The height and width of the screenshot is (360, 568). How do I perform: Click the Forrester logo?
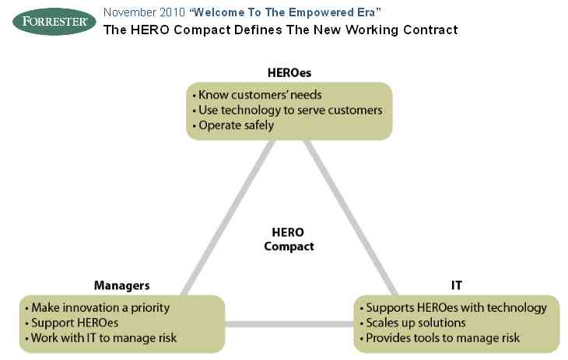click(x=54, y=21)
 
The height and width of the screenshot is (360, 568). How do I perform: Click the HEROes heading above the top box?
click(x=289, y=73)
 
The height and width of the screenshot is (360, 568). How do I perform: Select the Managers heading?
click(x=121, y=285)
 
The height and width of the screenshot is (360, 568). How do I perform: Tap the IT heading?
click(x=457, y=285)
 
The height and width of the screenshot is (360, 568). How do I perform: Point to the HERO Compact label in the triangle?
click(x=289, y=239)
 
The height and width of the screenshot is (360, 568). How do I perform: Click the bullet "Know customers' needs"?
click(x=258, y=95)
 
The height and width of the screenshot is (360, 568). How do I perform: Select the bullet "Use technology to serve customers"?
click(x=288, y=110)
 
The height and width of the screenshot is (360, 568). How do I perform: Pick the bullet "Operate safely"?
click(x=233, y=125)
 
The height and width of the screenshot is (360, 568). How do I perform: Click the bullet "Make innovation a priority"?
click(x=97, y=308)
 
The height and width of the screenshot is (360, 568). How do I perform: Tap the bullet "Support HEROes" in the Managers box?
click(x=72, y=323)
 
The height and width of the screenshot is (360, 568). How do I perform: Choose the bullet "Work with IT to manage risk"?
click(x=101, y=338)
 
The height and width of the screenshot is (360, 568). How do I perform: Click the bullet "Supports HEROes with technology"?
click(x=453, y=308)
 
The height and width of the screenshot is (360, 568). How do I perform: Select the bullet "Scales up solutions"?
click(x=412, y=323)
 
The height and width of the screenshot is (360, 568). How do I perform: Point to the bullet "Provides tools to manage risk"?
click(x=440, y=338)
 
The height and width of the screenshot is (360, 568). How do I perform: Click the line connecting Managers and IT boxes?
click(x=289, y=324)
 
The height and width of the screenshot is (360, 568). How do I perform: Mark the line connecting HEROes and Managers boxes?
click(x=228, y=218)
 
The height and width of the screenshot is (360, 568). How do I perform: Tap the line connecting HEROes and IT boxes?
click(x=351, y=218)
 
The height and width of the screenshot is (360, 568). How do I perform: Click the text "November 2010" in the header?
click(x=144, y=12)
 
